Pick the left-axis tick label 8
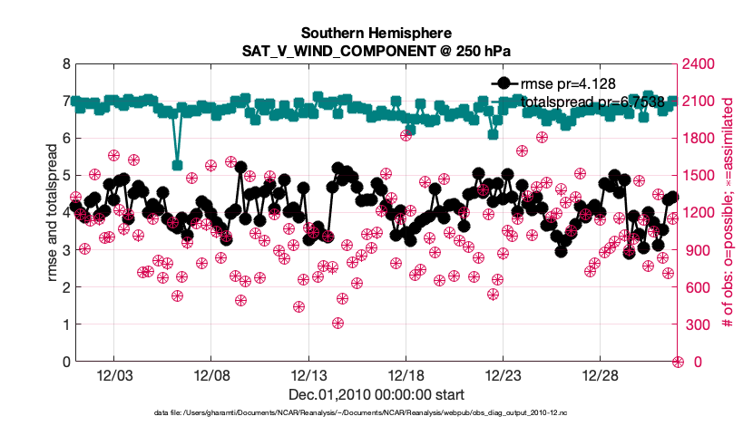pos(66,63)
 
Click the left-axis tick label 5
pos(66,176)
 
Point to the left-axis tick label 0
pos(66,362)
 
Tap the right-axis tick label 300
pos(696,324)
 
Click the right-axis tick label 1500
pos(699,176)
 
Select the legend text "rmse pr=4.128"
pos(569,83)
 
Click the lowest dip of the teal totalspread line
pos(178,165)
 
